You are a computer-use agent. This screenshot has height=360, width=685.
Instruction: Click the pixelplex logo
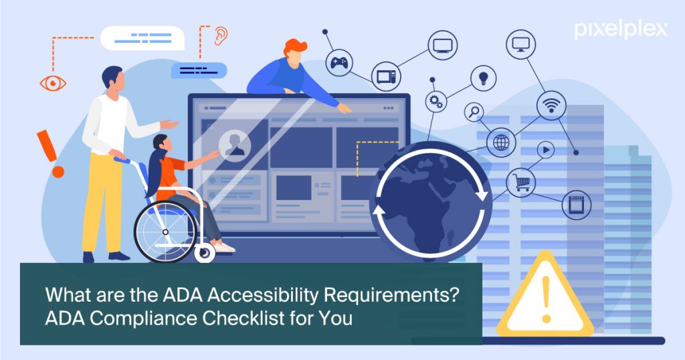click(x=621, y=29)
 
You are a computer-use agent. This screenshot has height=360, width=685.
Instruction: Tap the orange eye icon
click(x=53, y=83)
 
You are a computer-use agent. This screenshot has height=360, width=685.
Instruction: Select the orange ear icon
click(x=221, y=36)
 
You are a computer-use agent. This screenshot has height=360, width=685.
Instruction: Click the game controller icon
click(x=339, y=63)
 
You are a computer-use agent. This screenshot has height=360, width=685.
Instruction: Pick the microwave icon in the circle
click(x=386, y=77)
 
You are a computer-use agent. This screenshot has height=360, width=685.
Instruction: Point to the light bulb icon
click(x=483, y=78)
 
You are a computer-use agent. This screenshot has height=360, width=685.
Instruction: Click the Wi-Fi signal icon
click(x=551, y=105)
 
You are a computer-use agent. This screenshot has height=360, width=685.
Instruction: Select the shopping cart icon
click(x=520, y=182)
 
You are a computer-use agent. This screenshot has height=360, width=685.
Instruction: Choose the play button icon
click(x=546, y=150)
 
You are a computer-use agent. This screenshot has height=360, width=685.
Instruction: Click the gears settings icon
click(x=436, y=102)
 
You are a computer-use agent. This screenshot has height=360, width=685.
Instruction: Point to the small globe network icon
click(x=501, y=143)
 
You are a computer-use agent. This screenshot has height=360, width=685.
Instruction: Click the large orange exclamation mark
click(x=50, y=153)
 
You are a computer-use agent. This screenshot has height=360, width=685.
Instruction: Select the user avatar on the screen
click(x=235, y=145)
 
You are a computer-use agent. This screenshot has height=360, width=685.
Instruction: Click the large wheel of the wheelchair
click(x=166, y=232)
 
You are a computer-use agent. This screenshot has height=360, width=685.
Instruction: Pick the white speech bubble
click(x=142, y=38)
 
